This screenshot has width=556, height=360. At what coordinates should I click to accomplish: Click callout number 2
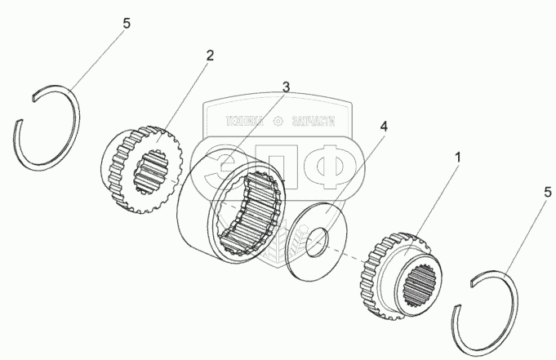tap(210, 56)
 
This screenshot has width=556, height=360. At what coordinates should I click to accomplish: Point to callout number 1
tap(462, 154)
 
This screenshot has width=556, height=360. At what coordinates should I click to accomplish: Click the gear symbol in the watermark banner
tap(278, 122)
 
